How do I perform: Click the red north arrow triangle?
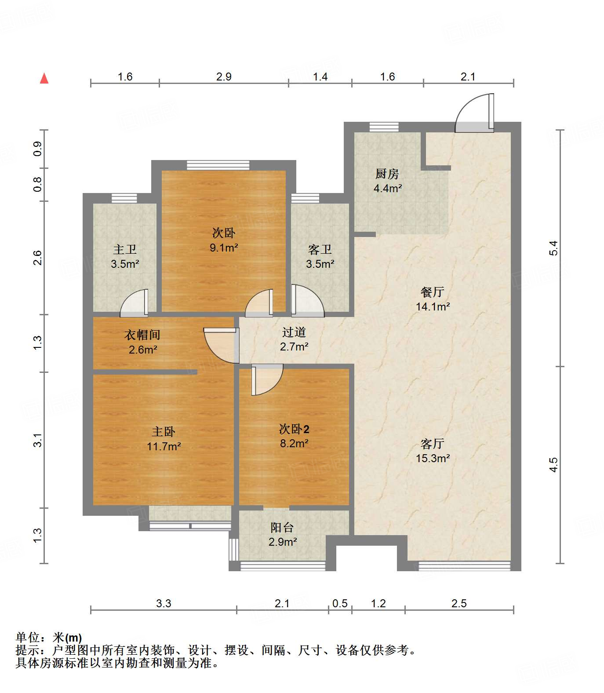point(44,78)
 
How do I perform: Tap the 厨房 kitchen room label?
point(387,174)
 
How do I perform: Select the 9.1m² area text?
point(224,248)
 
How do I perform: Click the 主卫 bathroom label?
point(125,250)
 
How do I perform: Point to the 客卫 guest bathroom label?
point(320,250)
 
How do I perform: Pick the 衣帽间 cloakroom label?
point(142,335)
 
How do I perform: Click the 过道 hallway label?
point(294,332)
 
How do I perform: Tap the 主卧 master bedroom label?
point(164,432)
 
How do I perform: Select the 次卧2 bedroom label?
point(294,429)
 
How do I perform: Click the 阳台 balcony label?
point(282,527)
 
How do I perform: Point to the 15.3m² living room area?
point(433,458)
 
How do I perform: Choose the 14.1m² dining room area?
point(433,306)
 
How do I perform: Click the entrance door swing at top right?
point(474,113)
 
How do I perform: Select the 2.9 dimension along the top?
point(224,77)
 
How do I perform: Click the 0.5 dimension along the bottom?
point(340,603)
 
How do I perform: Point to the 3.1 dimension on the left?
point(38,440)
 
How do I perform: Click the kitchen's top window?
point(384,127)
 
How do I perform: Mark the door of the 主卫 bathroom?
point(134,303)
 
